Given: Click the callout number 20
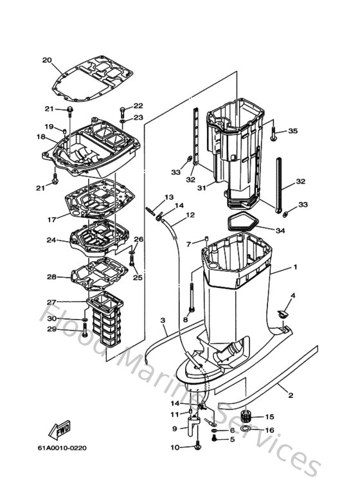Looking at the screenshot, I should point(46,60).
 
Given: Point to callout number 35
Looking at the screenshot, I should point(292,131).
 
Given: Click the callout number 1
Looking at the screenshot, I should point(295,266).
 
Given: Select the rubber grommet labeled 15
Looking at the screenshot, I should point(246,415).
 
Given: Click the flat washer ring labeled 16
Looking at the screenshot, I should point(247,429).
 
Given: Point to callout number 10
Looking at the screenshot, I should point(175,447).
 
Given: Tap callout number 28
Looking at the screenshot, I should point(52,277).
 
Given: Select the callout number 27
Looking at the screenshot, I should point(51,302).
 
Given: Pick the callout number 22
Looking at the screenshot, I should point(138,105).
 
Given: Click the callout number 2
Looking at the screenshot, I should point(290,394).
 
